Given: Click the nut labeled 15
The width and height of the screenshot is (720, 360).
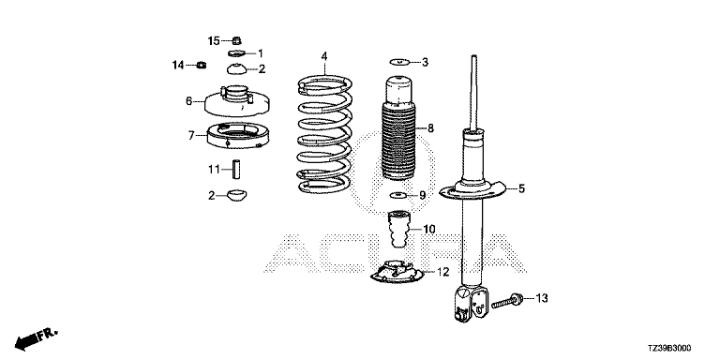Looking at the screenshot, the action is pyautogui.click(x=237, y=40).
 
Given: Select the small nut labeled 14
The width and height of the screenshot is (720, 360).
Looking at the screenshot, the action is pyautogui.click(x=201, y=66).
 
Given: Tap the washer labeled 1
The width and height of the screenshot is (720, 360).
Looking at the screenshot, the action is pyautogui.click(x=236, y=53).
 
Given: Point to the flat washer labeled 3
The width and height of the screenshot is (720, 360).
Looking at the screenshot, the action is pyautogui.click(x=399, y=62).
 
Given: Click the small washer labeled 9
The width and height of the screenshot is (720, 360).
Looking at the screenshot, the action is pyautogui.click(x=398, y=196).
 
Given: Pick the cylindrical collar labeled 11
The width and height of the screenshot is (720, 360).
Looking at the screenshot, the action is pyautogui.click(x=236, y=168).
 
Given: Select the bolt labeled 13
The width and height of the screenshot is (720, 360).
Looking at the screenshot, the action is pyautogui.click(x=508, y=301).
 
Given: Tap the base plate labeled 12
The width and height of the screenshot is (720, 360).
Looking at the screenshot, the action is pyautogui.click(x=397, y=273).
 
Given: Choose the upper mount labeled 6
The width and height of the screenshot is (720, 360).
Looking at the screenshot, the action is pyautogui.click(x=236, y=101).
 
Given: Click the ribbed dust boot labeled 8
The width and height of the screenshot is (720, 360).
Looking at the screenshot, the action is pyautogui.click(x=399, y=128).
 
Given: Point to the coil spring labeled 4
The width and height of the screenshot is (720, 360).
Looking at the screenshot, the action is pyautogui.click(x=324, y=134).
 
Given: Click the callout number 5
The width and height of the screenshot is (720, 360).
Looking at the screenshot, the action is pyautogui.click(x=521, y=188).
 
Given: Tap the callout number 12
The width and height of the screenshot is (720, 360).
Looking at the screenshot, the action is pyautogui.click(x=442, y=272).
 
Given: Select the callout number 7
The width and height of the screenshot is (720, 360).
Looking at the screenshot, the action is pyautogui.click(x=191, y=135).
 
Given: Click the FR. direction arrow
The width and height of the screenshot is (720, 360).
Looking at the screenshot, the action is pyautogui.click(x=37, y=338).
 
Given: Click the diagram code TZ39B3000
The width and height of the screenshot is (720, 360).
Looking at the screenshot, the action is pyautogui.click(x=669, y=349).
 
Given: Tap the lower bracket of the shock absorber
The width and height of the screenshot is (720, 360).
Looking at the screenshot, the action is pyautogui.click(x=471, y=304).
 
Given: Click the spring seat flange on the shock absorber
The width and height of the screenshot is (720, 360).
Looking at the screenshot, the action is pyautogui.click(x=472, y=189).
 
